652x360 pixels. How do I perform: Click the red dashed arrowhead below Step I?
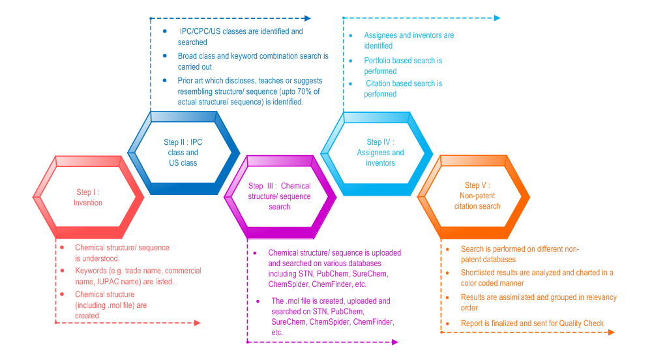point(198,323)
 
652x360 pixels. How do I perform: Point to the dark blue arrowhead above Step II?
point(308,18)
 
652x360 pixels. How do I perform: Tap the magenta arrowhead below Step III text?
point(395,342)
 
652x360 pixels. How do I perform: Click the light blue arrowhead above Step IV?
point(497,18)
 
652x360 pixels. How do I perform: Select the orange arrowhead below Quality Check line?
point(612,332)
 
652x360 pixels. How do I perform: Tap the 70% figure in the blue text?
point(304,91)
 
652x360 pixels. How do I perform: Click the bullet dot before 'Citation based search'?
point(351,84)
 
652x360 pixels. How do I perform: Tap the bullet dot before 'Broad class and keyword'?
point(165,55)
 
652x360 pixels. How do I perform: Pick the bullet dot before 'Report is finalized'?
point(447,323)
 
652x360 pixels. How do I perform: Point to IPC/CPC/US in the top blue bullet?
point(200,31)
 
